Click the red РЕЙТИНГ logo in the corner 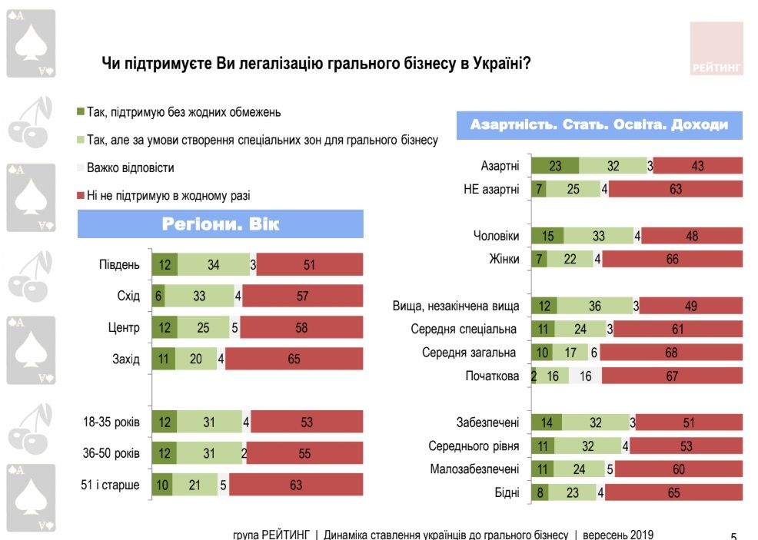[716, 48]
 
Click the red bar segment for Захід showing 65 [294, 359]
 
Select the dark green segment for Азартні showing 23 [554, 165]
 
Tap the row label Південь [119, 265]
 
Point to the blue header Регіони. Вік [220, 224]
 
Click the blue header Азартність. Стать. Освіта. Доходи [599, 124]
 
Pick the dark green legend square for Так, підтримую [81, 112]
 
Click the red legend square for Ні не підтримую [81, 196]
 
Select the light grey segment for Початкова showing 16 [585, 376]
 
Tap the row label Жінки [504, 260]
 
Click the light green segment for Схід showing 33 [200, 296]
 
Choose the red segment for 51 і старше [296, 485]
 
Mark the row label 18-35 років [111, 422]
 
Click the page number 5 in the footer [733, 535]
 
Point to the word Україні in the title [497, 65]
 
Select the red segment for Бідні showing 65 [674, 493]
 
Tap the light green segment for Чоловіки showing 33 [598, 236]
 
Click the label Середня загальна [470, 353]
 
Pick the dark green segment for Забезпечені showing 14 [547, 422]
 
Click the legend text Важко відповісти [131, 167]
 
